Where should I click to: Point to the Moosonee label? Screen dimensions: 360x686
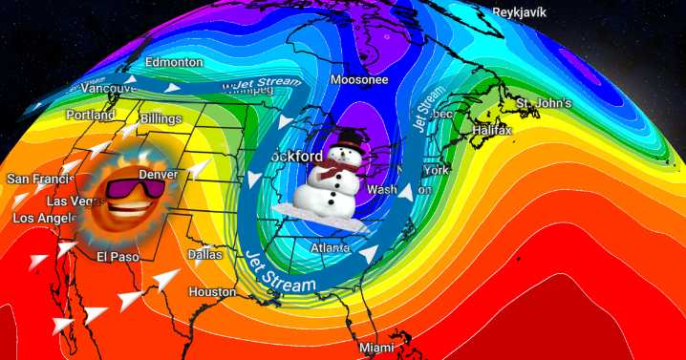(358, 80)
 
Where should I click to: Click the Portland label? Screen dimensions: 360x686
(91, 115)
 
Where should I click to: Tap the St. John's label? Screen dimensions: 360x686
(543, 103)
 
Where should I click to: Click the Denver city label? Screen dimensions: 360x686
(158, 175)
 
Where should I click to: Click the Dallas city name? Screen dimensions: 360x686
(204, 255)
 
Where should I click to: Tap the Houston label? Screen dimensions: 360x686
(212, 291)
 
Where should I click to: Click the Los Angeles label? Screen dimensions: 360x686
(42, 219)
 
